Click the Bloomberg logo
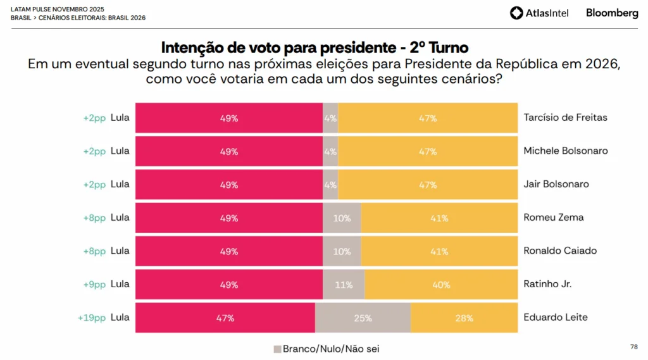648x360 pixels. pos(612,13)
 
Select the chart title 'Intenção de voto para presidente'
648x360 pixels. pos(315,47)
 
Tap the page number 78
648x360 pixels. pos(634,347)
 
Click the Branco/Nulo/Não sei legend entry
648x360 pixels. pos(326,349)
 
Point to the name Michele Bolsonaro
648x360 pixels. pos(566,151)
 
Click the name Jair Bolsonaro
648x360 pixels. pos(556,184)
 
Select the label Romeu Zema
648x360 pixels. pos(554,217)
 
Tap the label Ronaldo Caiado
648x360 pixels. pos(560,251)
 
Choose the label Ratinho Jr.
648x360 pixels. pos(547,284)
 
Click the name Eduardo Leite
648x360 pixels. pos(556,317)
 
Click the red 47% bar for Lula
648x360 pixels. pos(225,318)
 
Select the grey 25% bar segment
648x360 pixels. pos(363,318)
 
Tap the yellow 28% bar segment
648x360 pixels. pos(464,318)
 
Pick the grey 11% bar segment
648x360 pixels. pos(344,284)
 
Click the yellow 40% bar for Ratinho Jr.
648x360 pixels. pos(440,284)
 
